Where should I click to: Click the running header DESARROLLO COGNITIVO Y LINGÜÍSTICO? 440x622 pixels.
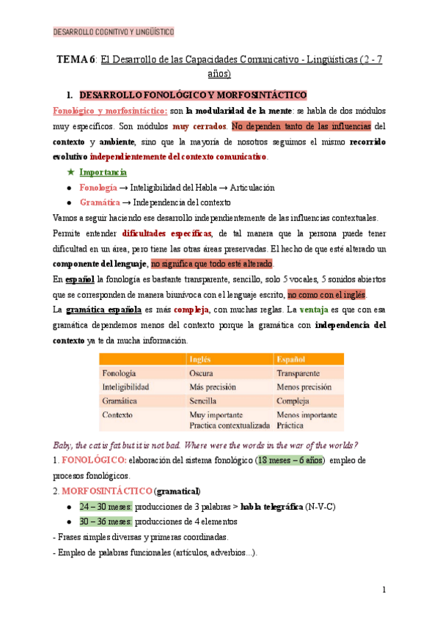pyautogui.click(x=114, y=32)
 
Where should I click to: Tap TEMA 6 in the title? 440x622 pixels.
pyautogui.click(x=76, y=60)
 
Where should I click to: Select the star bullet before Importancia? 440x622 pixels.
pyautogui.click(x=70, y=172)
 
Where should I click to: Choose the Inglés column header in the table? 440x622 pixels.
pyautogui.click(x=201, y=359)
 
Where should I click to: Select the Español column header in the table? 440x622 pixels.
pyautogui.click(x=291, y=359)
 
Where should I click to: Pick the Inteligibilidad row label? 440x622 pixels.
pyautogui.click(x=126, y=387)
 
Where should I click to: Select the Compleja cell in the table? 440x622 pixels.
pyautogui.click(x=294, y=400)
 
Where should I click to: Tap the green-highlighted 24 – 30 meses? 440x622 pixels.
pyautogui.click(x=106, y=506)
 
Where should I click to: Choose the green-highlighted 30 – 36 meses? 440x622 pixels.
pyautogui.click(x=106, y=522)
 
